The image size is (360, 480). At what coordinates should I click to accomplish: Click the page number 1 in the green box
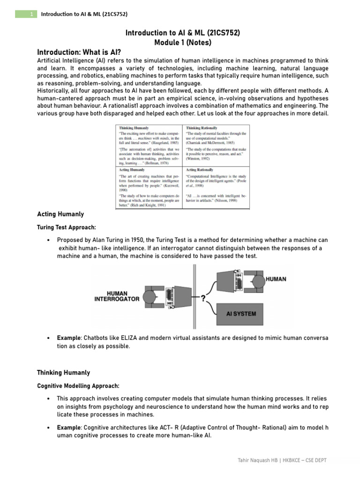[31, 14]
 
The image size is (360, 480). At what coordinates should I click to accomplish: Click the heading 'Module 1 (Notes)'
[183, 43]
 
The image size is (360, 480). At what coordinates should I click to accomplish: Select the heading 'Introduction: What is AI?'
[82, 52]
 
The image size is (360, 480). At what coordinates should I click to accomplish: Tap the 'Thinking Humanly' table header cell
[134, 127]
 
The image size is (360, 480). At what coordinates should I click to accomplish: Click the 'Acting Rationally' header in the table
[200, 170]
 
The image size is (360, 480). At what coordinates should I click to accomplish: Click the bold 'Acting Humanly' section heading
[60, 214]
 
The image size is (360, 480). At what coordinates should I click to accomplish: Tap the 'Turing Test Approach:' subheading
[67, 227]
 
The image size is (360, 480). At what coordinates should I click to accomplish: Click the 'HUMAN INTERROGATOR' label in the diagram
[117, 296]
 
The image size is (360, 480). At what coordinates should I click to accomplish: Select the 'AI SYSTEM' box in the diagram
[241, 314]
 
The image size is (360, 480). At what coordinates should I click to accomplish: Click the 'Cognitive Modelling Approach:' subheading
[78, 386]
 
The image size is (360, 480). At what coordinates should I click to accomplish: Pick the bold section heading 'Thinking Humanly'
[63, 373]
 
